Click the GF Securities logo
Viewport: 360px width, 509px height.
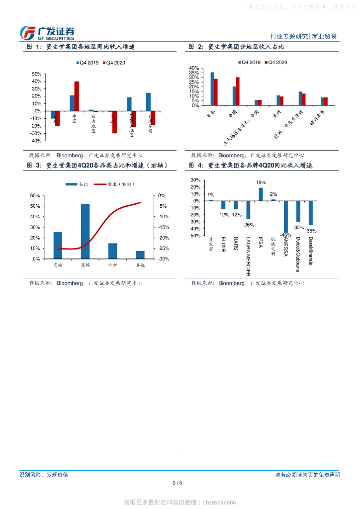(47, 33)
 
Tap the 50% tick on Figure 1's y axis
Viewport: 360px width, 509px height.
(36, 74)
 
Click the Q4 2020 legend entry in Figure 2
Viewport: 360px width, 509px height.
(275, 63)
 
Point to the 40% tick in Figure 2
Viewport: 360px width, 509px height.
(194, 68)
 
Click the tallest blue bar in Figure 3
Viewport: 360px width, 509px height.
(85, 231)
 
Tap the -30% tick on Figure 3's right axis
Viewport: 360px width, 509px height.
(164, 259)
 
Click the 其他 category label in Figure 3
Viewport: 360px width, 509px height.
(140, 265)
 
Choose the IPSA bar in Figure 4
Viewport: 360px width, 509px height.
(261, 194)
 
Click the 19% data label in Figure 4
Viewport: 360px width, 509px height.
(261, 183)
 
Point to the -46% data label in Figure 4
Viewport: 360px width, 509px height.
(285, 235)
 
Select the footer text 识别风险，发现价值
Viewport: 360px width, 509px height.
(44, 475)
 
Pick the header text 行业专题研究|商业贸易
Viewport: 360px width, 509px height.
(303, 37)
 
